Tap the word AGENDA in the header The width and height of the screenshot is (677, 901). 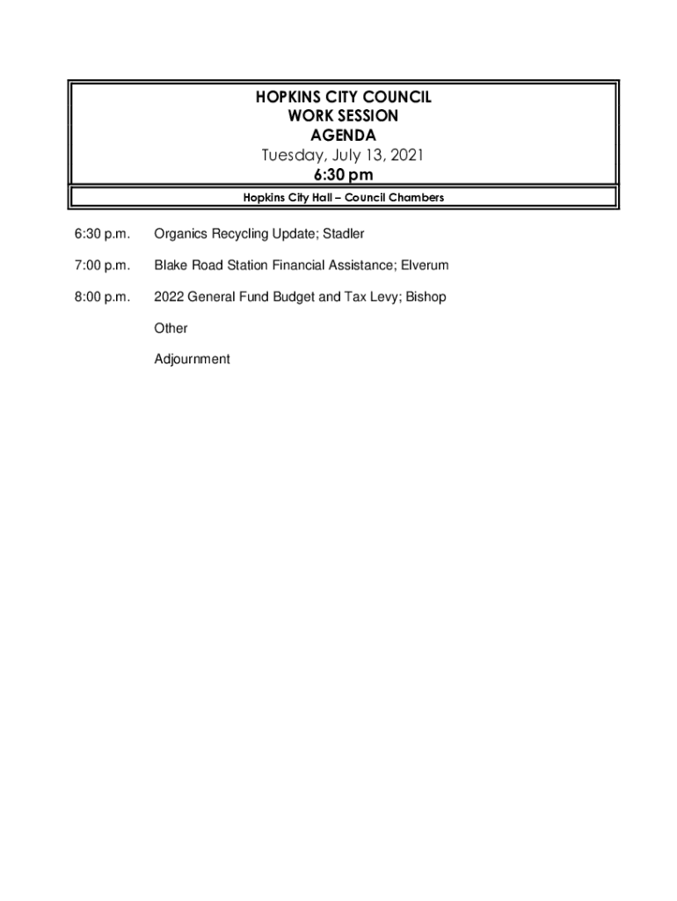(x=343, y=136)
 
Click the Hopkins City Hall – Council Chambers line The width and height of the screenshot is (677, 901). (x=343, y=198)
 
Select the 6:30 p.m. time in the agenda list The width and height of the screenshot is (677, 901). (x=102, y=234)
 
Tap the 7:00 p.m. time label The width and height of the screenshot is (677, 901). (x=102, y=266)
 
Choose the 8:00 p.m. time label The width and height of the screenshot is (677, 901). (x=102, y=297)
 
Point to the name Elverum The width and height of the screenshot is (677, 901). (x=425, y=266)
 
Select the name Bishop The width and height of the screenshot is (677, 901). (x=426, y=297)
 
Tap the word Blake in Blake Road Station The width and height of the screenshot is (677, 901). (x=171, y=266)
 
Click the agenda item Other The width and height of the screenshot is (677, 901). (x=171, y=328)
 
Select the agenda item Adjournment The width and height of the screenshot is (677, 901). (x=192, y=359)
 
